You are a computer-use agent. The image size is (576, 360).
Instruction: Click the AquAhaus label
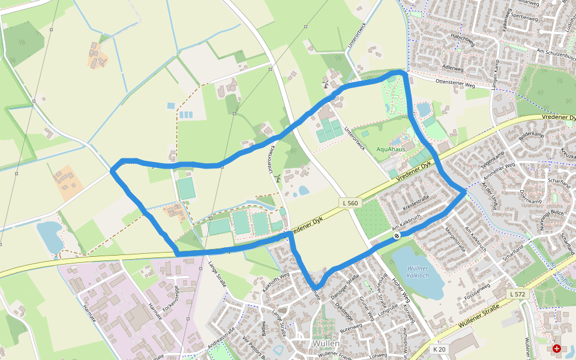391,149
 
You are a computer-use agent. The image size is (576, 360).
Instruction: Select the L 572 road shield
516,294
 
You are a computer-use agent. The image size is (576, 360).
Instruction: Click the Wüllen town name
326,343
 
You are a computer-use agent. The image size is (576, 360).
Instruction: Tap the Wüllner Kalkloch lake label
418,272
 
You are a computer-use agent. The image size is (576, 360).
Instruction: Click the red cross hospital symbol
557,348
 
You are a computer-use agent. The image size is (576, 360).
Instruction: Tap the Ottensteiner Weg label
455,81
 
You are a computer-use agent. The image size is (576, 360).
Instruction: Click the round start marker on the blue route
397,236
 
